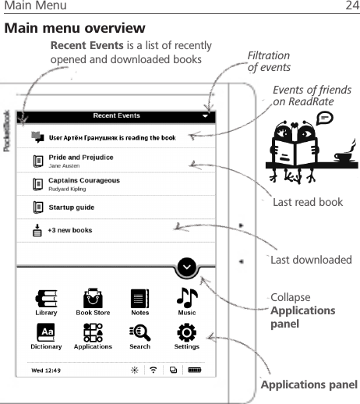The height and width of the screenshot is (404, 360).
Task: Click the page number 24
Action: click(352, 7)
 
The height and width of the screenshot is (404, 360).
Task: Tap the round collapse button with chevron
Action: click(187, 268)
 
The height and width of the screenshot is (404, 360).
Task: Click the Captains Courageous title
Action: click(84, 180)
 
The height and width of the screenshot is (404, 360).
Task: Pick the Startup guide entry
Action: click(72, 207)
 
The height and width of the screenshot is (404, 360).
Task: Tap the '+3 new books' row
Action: click(69, 230)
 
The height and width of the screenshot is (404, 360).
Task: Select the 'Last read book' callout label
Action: click(308, 202)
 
